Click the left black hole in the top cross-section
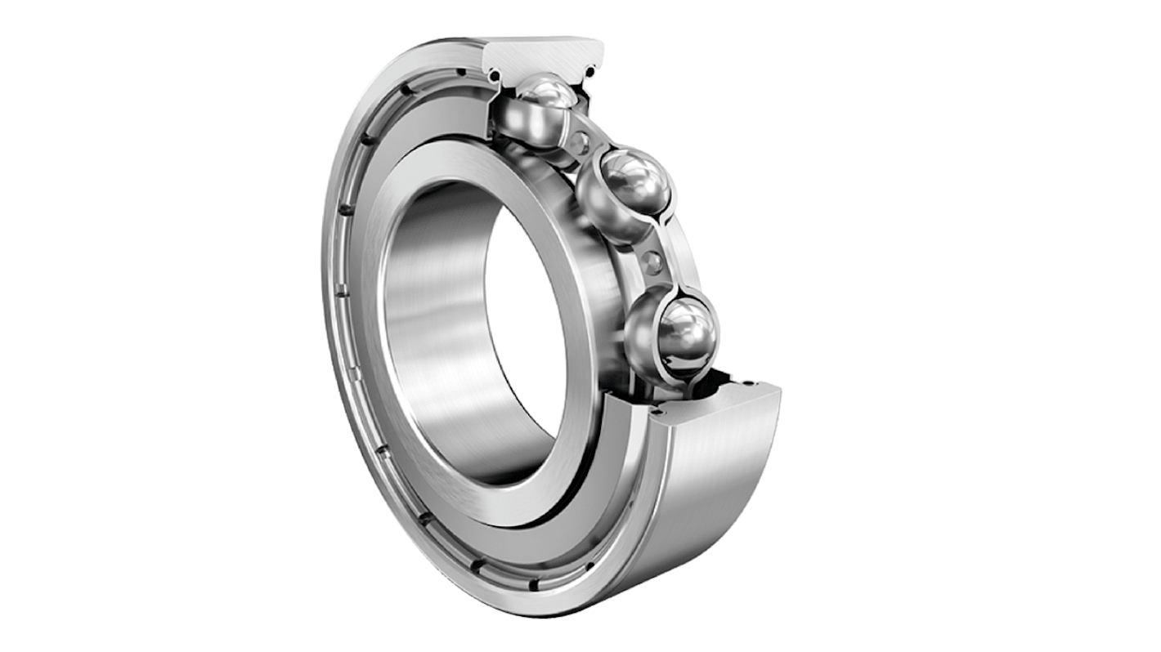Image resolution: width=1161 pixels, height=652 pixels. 495,76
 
